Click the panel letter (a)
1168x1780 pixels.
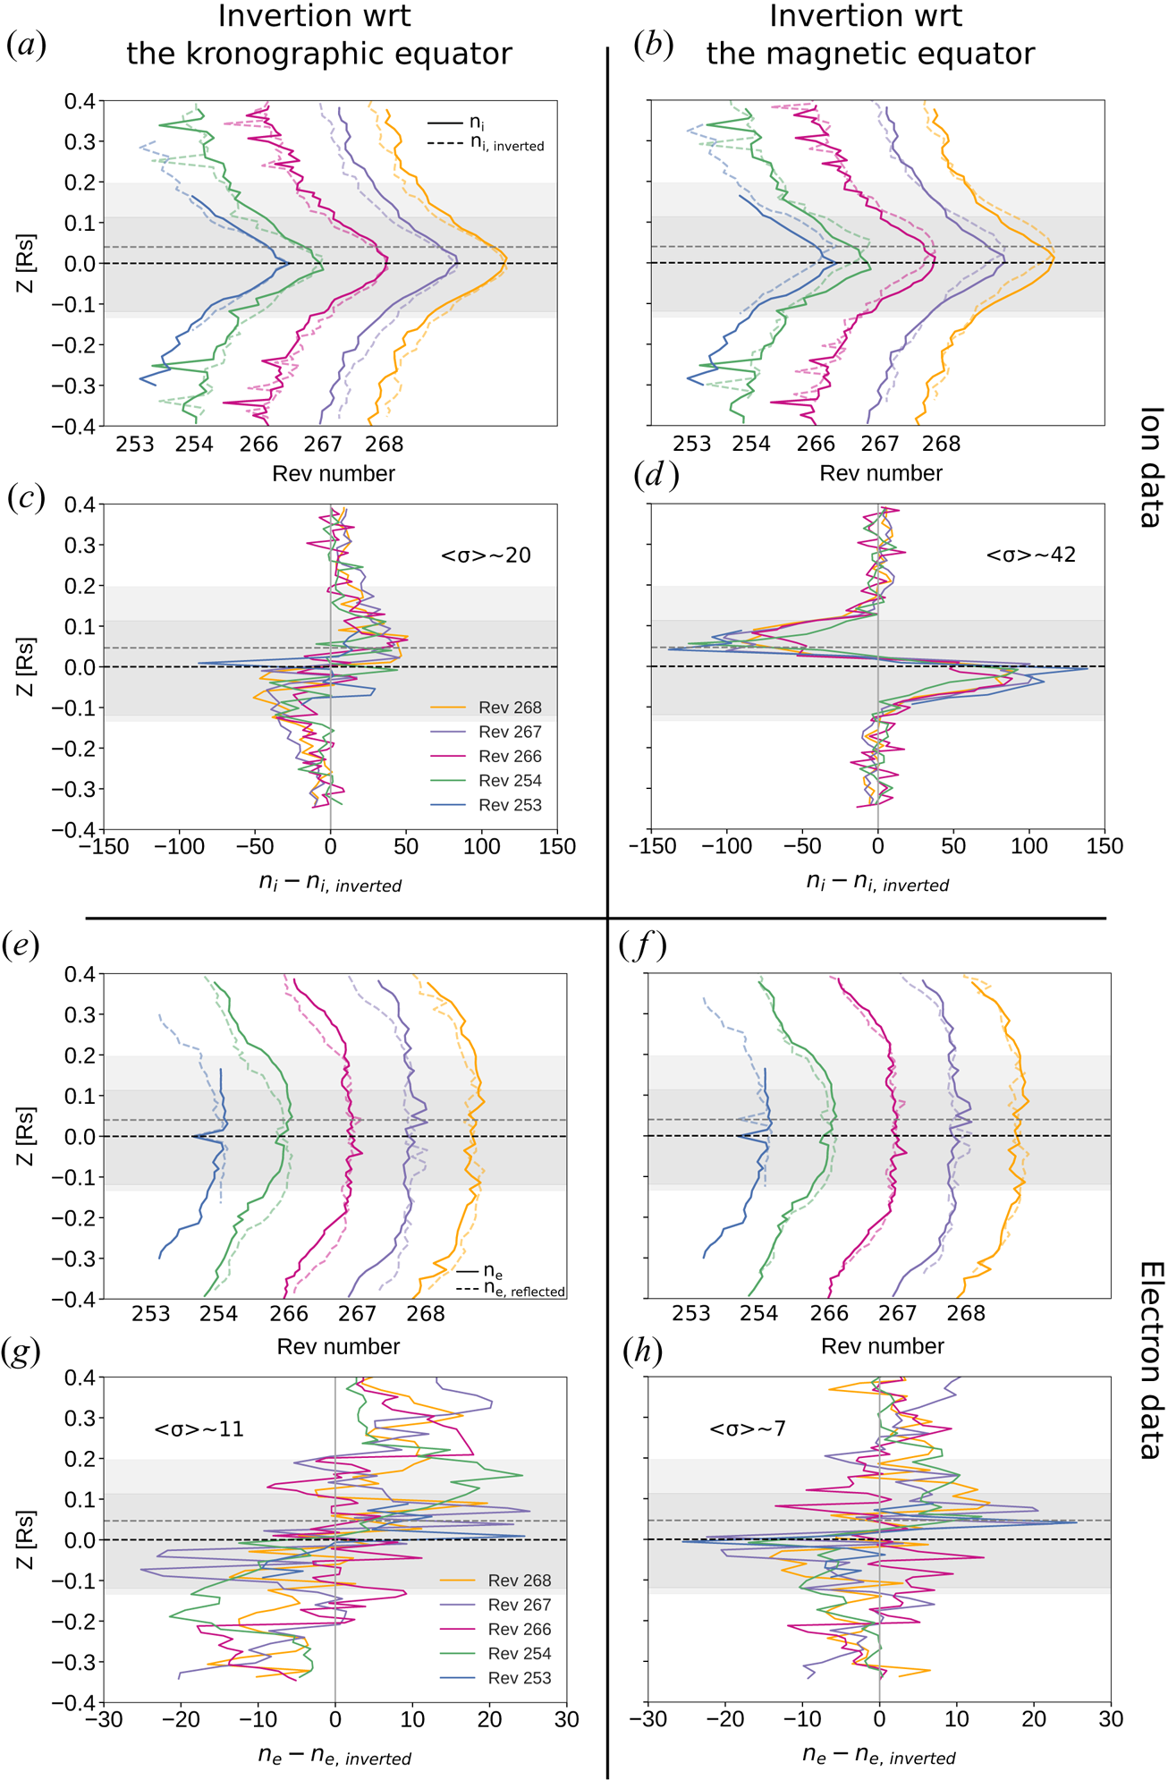pyautogui.click(x=26, y=45)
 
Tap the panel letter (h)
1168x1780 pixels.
pyautogui.click(x=642, y=1352)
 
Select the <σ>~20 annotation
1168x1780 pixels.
pyautogui.click(x=486, y=555)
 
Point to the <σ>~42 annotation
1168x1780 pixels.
pyautogui.click(x=1030, y=555)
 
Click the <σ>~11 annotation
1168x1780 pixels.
pyautogui.click(x=199, y=1429)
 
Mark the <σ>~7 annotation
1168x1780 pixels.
pyautogui.click(x=747, y=1428)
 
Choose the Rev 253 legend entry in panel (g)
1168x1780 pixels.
pyautogui.click(x=520, y=1678)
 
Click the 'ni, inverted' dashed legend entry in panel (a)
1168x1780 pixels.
pyautogui.click(x=506, y=145)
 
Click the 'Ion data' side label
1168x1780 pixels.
pyautogui.click(x=1151, y=467)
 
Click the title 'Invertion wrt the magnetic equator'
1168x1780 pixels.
pyautogui.click(x=869, y=36)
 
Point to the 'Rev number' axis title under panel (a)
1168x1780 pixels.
pyautogui.click(x=334, y=473)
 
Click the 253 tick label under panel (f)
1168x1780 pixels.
pyautogui.click(x=690, y=1313)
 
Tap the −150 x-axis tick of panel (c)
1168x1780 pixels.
pyautogui.click(x=104, y=846)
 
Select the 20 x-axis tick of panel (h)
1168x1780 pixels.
pyautogui.click(x=1034, y=1718)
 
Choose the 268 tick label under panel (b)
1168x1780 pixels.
pyautogui.click(x=941, y=444)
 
